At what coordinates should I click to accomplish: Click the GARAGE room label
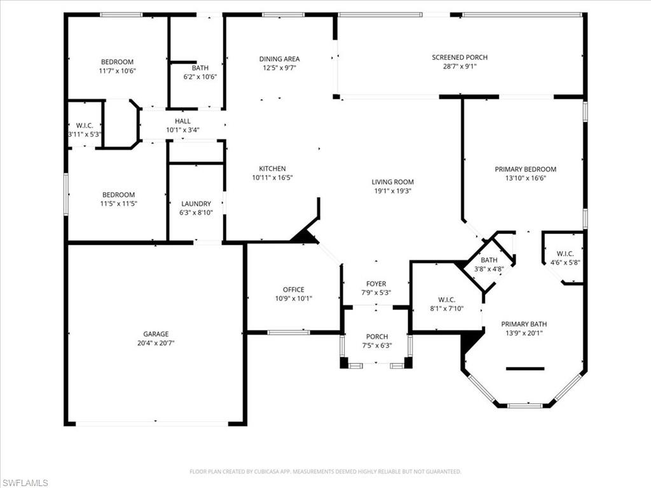(x=155, y=334)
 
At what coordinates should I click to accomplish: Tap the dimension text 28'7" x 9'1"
(x=460, y=67)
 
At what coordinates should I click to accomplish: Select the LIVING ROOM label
(x=393, y=182)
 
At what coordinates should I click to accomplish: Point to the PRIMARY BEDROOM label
(x=525, y=169)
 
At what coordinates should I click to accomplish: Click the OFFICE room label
(x=293, y=289)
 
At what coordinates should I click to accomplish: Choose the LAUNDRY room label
(x=196, y=204)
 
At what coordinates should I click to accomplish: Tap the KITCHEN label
(x=272, y=168)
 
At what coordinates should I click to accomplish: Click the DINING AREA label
(x=279, y=58)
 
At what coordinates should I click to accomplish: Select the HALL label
(x=182, y=121)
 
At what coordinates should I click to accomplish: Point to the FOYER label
(x=376, y=283)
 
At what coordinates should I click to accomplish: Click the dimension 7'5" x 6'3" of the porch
(x=376, y=346)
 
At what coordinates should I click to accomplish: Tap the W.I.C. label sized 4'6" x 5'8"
(x=565, y=253)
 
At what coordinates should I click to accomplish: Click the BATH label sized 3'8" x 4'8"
(x=489, y=259)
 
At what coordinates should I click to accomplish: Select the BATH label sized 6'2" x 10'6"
(x=200, y=67)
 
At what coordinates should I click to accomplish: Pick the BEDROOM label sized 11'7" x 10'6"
(x=117, y=62)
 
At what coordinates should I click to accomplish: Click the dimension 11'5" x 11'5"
(x=118, y=204)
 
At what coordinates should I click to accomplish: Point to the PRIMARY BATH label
(x=524, y=323)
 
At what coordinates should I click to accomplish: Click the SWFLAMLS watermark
(x=25, y=483)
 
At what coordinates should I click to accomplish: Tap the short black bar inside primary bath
(x=525, y=369)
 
